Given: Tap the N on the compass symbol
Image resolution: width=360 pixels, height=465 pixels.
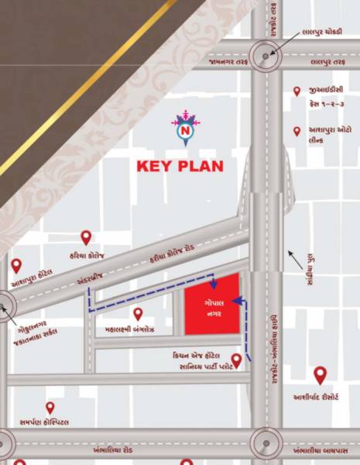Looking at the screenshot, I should (x=185, y=133).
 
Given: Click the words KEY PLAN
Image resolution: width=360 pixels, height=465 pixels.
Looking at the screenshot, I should (x=180, y=166).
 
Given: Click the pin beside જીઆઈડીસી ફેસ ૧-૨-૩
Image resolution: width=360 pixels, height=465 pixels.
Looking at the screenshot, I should (x=297, y=91).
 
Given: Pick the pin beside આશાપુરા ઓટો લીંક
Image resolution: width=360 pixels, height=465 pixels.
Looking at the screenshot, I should (x=297, y=132).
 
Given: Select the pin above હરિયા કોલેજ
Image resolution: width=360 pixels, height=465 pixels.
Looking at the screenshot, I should (x=86, y=237).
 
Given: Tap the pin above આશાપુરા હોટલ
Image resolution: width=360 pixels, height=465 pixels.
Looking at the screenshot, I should (x=16, y=265).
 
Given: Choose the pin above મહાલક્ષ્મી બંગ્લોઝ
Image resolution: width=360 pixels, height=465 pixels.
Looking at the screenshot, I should (x=138, y=313).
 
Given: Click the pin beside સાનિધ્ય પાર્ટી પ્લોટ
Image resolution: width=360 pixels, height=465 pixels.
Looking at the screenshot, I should (x=237, y=360).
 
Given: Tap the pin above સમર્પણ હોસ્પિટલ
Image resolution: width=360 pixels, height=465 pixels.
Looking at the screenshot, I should (x=50, y=407).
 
